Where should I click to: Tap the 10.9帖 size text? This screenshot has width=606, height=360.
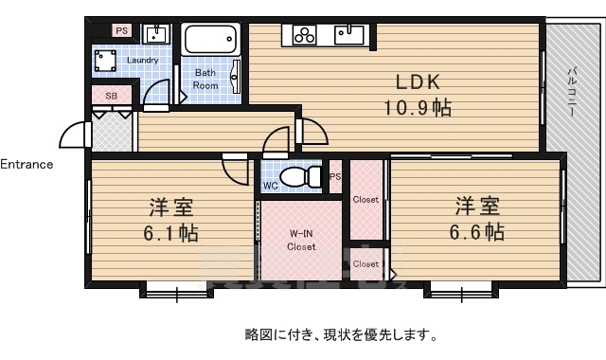pyautogui.click(x=417, y=108)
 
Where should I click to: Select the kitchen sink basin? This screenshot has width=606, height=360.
pyautogui.click(x=348, y=35)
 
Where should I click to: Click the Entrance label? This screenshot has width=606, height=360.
pyautogui.click(x=27, y=164)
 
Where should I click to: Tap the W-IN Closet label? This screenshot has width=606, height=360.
pyautogui.click(x=302, y=241)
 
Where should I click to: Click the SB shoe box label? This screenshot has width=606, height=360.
pyautogui.click(x=111, y=96)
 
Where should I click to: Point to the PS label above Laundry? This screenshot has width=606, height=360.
pyautogui.click(x=121, y=31)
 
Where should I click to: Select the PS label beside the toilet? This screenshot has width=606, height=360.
pyautogui.click(x=335, y=177)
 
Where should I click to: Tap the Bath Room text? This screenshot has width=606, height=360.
pyautogui.click(x=205, y=79)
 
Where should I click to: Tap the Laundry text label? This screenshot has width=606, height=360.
pyautogui.click(x=142, y=61)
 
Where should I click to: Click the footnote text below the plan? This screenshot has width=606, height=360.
pyautogui.click(x=341, y=333)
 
